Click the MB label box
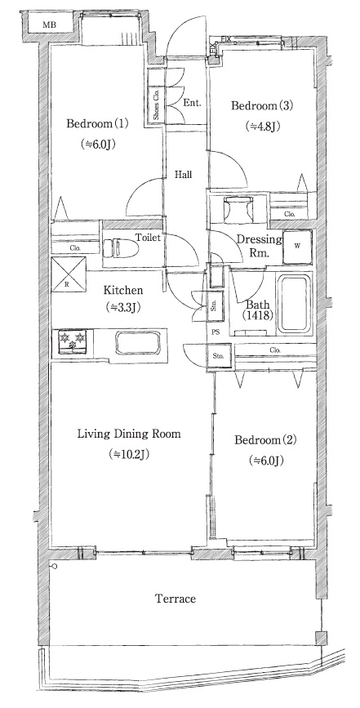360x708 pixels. pos(50,24)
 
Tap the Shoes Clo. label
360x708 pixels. pos(157,105)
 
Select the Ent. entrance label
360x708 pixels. pos(192,103)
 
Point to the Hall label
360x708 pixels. pos(184,174)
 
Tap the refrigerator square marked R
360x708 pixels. pos(68,274)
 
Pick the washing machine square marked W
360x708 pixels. pos(297,247)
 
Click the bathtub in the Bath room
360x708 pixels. pos(295,304)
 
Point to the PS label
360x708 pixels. pos(216,332)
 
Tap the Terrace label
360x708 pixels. pos(176,599)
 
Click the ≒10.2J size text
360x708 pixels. pos(129,454)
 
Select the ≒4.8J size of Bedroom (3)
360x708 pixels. pos(263,126)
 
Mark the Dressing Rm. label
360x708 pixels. pos(260,246)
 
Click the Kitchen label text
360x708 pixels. pos(123,291)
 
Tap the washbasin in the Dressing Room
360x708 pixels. pos(238,209)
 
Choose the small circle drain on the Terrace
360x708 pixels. pos(55,566)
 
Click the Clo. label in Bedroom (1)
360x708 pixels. pos(75,247)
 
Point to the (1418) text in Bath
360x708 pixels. pos(259,316)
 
